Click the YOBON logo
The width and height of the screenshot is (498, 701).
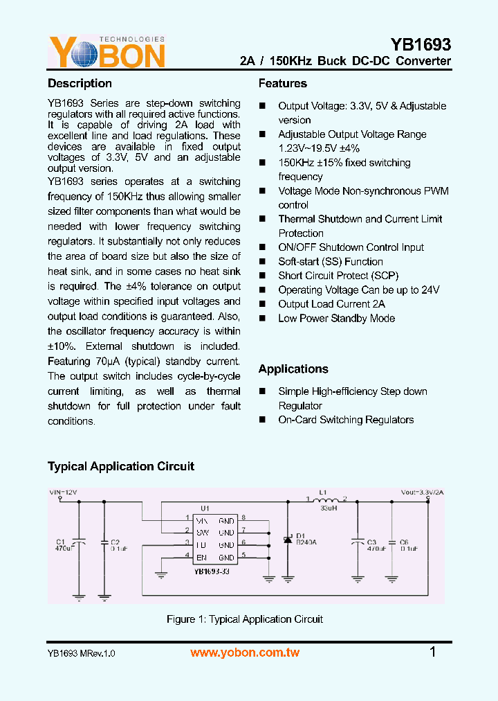(x=107, y=51)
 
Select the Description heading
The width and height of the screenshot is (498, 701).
(x=80, y=84)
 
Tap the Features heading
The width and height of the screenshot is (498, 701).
(x=282, y=84)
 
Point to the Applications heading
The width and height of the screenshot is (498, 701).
(x=293, y=369)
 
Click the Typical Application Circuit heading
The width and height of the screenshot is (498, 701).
(x=121, y=467)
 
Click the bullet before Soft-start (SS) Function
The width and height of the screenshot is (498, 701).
(x=262, y=262)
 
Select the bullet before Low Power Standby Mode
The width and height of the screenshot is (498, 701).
(x=262, y=319)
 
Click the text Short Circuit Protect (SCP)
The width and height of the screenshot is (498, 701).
(x=338, y=276)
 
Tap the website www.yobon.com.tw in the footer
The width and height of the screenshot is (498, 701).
(x=245, y=653)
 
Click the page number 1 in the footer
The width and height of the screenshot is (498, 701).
(x=433, y=652)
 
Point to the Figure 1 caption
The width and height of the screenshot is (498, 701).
(x=245, y=619)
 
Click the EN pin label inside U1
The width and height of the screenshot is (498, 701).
(x=202, y=557)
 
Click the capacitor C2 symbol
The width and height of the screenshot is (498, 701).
(x=104, y=544)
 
